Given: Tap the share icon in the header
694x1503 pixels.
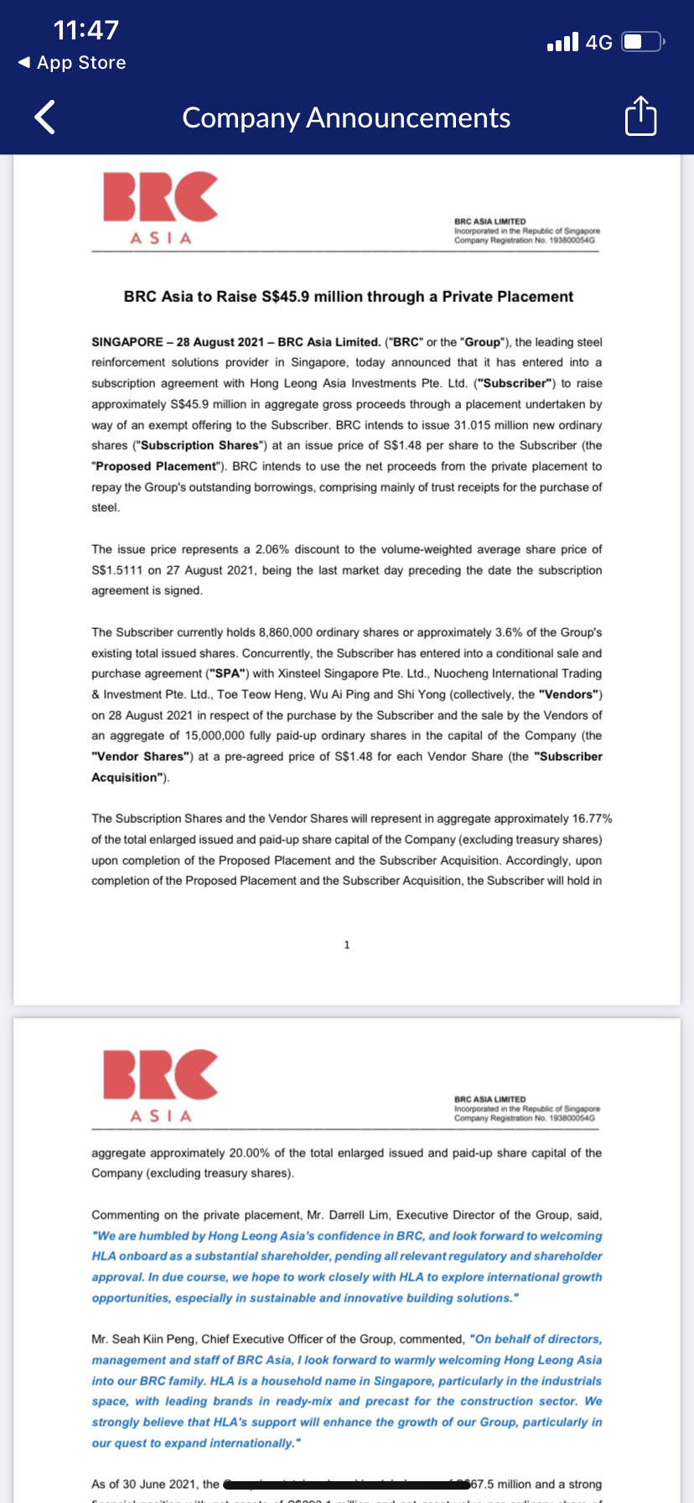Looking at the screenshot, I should (x=641, y=117).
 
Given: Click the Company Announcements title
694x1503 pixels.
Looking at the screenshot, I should (x=346, y=118).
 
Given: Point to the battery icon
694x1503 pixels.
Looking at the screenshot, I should (x=642, y=42).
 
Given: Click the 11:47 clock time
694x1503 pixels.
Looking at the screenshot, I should (x=86, y=30).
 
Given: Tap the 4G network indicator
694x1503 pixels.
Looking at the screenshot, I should (x=599, y=43).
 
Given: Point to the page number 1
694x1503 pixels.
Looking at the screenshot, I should (x=347, y=945).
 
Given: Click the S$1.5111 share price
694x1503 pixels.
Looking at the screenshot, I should (x=117, y=570).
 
